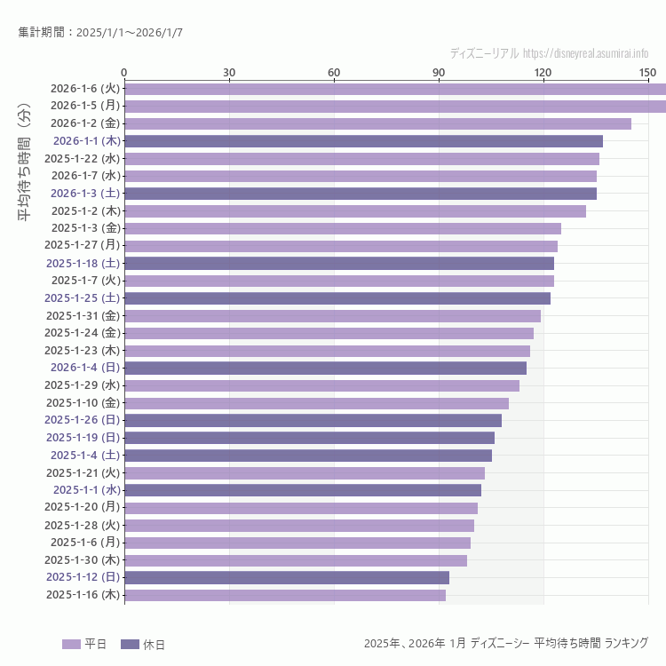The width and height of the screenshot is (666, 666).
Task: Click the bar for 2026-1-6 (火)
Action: coord(395,89)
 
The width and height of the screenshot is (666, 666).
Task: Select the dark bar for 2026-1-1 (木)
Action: coord(363,141)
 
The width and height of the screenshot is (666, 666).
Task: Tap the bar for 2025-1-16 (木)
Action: coord(285,595)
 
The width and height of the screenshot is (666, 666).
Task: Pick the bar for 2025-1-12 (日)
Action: coord(287,577)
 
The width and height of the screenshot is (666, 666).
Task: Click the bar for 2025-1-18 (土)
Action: coord(339,263)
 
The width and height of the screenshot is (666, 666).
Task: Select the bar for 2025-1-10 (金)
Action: coord(316,403)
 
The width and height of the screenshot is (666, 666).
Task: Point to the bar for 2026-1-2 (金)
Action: coord(377,123)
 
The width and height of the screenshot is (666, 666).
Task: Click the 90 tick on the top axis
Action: coord(439,72)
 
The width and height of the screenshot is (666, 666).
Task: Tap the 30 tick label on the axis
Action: coord(229,72)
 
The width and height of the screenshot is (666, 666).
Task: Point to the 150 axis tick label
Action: coord(647,72)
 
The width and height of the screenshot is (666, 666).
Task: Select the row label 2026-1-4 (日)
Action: coord(84,368)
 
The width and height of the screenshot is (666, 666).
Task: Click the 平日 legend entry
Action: coord(84,644)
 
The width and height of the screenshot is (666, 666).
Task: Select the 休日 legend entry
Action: coord(142,644)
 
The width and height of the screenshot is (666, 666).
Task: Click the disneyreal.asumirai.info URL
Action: coord(585,53)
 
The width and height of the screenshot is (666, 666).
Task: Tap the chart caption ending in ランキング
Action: coord(505,643)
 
